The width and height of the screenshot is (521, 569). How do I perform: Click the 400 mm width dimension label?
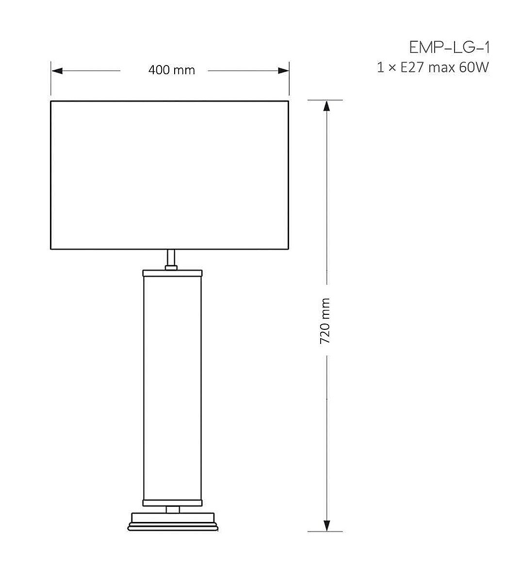click(171, 70)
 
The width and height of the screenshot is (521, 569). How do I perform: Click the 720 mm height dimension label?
click(325, 321)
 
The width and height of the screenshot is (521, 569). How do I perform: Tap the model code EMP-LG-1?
click(449, 48)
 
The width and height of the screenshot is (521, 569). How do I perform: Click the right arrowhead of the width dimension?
click(284, 71)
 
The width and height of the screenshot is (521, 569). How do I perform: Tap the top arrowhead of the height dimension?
click(326, 106)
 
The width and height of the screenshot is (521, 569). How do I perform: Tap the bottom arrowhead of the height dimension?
click(326, 526)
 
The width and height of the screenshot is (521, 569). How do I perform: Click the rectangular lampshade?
click(170, 175)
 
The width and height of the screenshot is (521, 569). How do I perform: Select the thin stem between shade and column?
click(171, 257)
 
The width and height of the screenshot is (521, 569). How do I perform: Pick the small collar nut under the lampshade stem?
click(171, 267)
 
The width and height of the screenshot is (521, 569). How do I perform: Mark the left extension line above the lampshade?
click(51, 80)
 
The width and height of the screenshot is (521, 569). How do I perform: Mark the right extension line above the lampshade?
click(289, 80)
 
